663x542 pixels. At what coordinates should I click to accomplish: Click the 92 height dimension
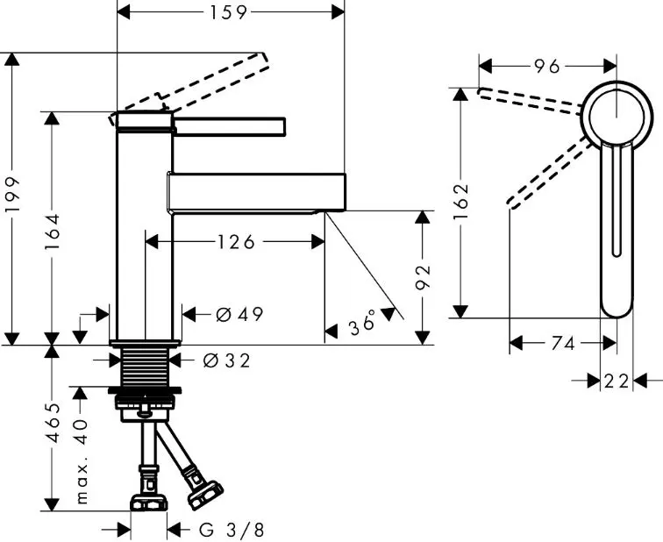(423, 276)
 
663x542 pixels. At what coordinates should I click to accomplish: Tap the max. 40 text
(82, 460)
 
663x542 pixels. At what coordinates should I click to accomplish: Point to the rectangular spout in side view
(258, 192)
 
